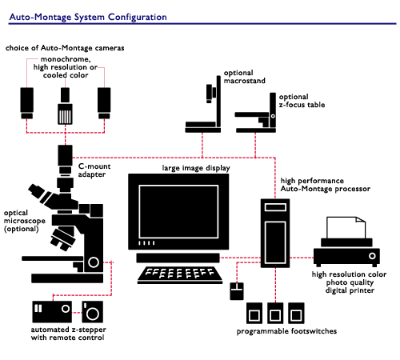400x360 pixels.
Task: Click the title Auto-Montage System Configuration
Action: (x=88, y=17)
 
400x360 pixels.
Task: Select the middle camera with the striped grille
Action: (x=65, y=106)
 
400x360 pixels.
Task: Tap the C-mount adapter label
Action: (x=94, y=170)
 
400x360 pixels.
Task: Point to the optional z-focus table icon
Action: (x=255, y=113)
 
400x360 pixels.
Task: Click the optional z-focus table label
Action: (x=302, y=101)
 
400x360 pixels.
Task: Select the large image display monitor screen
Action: (x=178, y=211)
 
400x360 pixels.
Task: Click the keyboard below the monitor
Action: (x=180, y=274)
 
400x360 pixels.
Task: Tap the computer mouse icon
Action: (x=237, y=291)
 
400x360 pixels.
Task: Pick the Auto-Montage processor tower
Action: (x=275, y=233)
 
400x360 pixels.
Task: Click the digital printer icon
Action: (x=346, y=242)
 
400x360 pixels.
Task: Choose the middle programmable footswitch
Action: (x=275, y=313)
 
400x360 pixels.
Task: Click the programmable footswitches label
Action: (x=286, y=331)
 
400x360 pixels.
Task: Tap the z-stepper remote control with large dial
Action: (x=92, y=312)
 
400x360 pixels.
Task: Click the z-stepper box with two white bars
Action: (x=52, y=312)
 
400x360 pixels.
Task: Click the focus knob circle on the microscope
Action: (x=94, y=262)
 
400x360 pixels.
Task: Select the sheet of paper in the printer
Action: (x=346, y=227)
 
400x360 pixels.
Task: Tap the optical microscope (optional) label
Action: (x=24, y=221)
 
